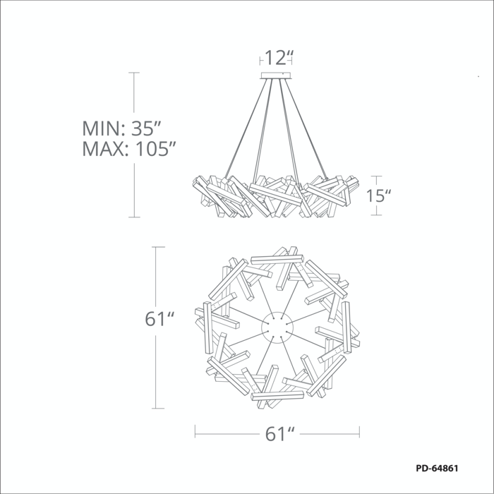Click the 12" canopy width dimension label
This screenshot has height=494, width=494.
(x=279, y=58)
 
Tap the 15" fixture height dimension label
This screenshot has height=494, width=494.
(x=378, y=195)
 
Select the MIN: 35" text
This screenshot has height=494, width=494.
(x=122, y=128)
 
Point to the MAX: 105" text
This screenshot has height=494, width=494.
(x=129, y=149)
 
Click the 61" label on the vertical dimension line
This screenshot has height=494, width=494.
(x=159, y=319)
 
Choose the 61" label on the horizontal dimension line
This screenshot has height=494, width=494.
(x=279, y=434)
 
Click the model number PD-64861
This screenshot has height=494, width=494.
(x=437, y=468)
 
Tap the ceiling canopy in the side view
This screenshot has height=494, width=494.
(x=276, y=76)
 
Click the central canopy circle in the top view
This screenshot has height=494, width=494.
(x=277, y=327)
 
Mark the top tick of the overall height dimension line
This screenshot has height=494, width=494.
(x=134, y=73)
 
